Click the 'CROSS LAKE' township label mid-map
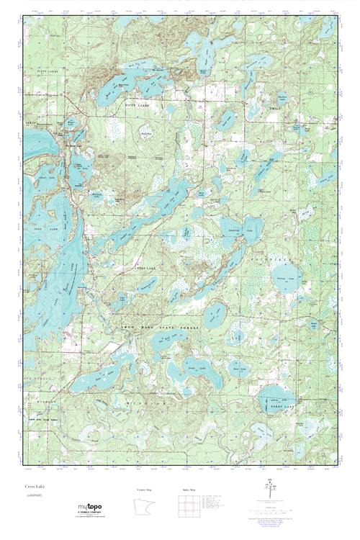pyautogui.click(x=141, y=267)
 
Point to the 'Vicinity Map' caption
pyautogui.click(x=145, y=490)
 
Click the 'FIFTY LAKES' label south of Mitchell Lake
pyautogui.click(x=135, y=104)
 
